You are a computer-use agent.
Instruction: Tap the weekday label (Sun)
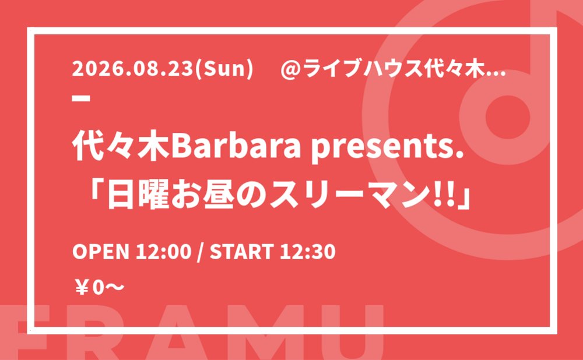tap(221, 70)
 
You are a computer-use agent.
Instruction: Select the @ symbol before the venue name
tap(291, 70)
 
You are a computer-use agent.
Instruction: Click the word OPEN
tap(100, 252)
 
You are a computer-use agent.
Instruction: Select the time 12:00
tap(163, 252)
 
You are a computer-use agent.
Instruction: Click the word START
tap(242, 252)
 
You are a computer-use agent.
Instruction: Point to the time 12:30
tap(307, 252)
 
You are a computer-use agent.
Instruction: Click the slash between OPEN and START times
tap(201, 252)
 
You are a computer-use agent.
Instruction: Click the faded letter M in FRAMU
tap(267, 333)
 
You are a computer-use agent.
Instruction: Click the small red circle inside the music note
tap(508, 117)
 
